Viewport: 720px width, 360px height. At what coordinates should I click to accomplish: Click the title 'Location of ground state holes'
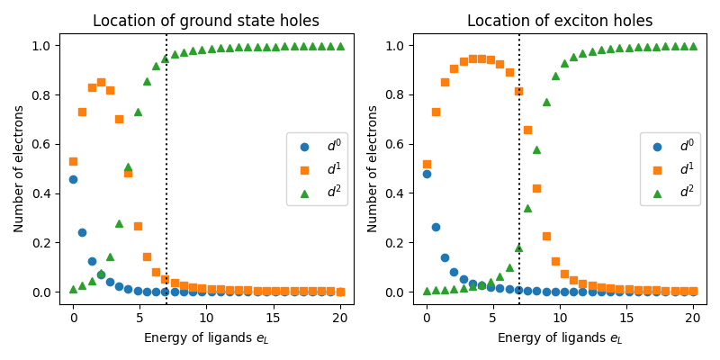tap(206, 21)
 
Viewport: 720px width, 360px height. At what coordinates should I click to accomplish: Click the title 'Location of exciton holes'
tap(560, 21)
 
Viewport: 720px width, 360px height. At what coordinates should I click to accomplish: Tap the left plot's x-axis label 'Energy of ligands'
tap(206, 338)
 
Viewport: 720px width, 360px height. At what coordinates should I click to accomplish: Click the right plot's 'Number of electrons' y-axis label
tap(373, 168)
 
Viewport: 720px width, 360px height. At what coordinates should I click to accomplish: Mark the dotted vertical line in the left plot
tap(166, 180)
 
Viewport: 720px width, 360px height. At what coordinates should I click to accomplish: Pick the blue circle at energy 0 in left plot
tap(73, 179)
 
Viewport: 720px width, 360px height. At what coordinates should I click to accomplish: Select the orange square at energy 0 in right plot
tap(427, 164)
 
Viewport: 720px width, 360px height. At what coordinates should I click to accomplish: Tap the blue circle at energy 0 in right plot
tap(427, 174)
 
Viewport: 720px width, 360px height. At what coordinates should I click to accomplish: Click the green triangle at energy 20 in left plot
tap(340, 46)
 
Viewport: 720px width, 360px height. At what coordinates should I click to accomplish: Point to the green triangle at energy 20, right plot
tap(693, 46)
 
